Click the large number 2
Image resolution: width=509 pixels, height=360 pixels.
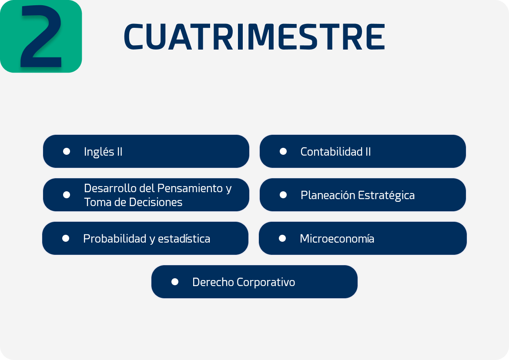pos(41,36)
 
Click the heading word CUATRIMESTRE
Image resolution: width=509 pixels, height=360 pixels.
pos(254,37)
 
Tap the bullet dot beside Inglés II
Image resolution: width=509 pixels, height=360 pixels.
pos(67,151)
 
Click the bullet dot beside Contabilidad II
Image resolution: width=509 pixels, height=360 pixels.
pos(283,151)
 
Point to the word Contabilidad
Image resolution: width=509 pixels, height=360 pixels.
pos(331,151)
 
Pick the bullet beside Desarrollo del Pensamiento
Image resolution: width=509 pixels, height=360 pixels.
pos(67,195)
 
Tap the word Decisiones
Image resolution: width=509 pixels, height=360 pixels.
pos(155,202)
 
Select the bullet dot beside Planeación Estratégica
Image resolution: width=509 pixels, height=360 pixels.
pos(283,195)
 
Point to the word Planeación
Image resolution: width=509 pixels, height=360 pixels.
pos(328,195)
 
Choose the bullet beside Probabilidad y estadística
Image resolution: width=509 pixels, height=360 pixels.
pos(66,238)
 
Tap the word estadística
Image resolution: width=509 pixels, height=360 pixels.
pos(184,239)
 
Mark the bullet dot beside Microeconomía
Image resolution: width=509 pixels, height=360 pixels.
pos(282,238)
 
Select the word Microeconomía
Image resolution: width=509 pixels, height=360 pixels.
pos(337,239)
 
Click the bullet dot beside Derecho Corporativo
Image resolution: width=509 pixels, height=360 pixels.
pos(174,282)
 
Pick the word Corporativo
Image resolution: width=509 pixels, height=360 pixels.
pos(266,282)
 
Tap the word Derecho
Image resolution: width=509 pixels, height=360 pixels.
pos(213,282)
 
